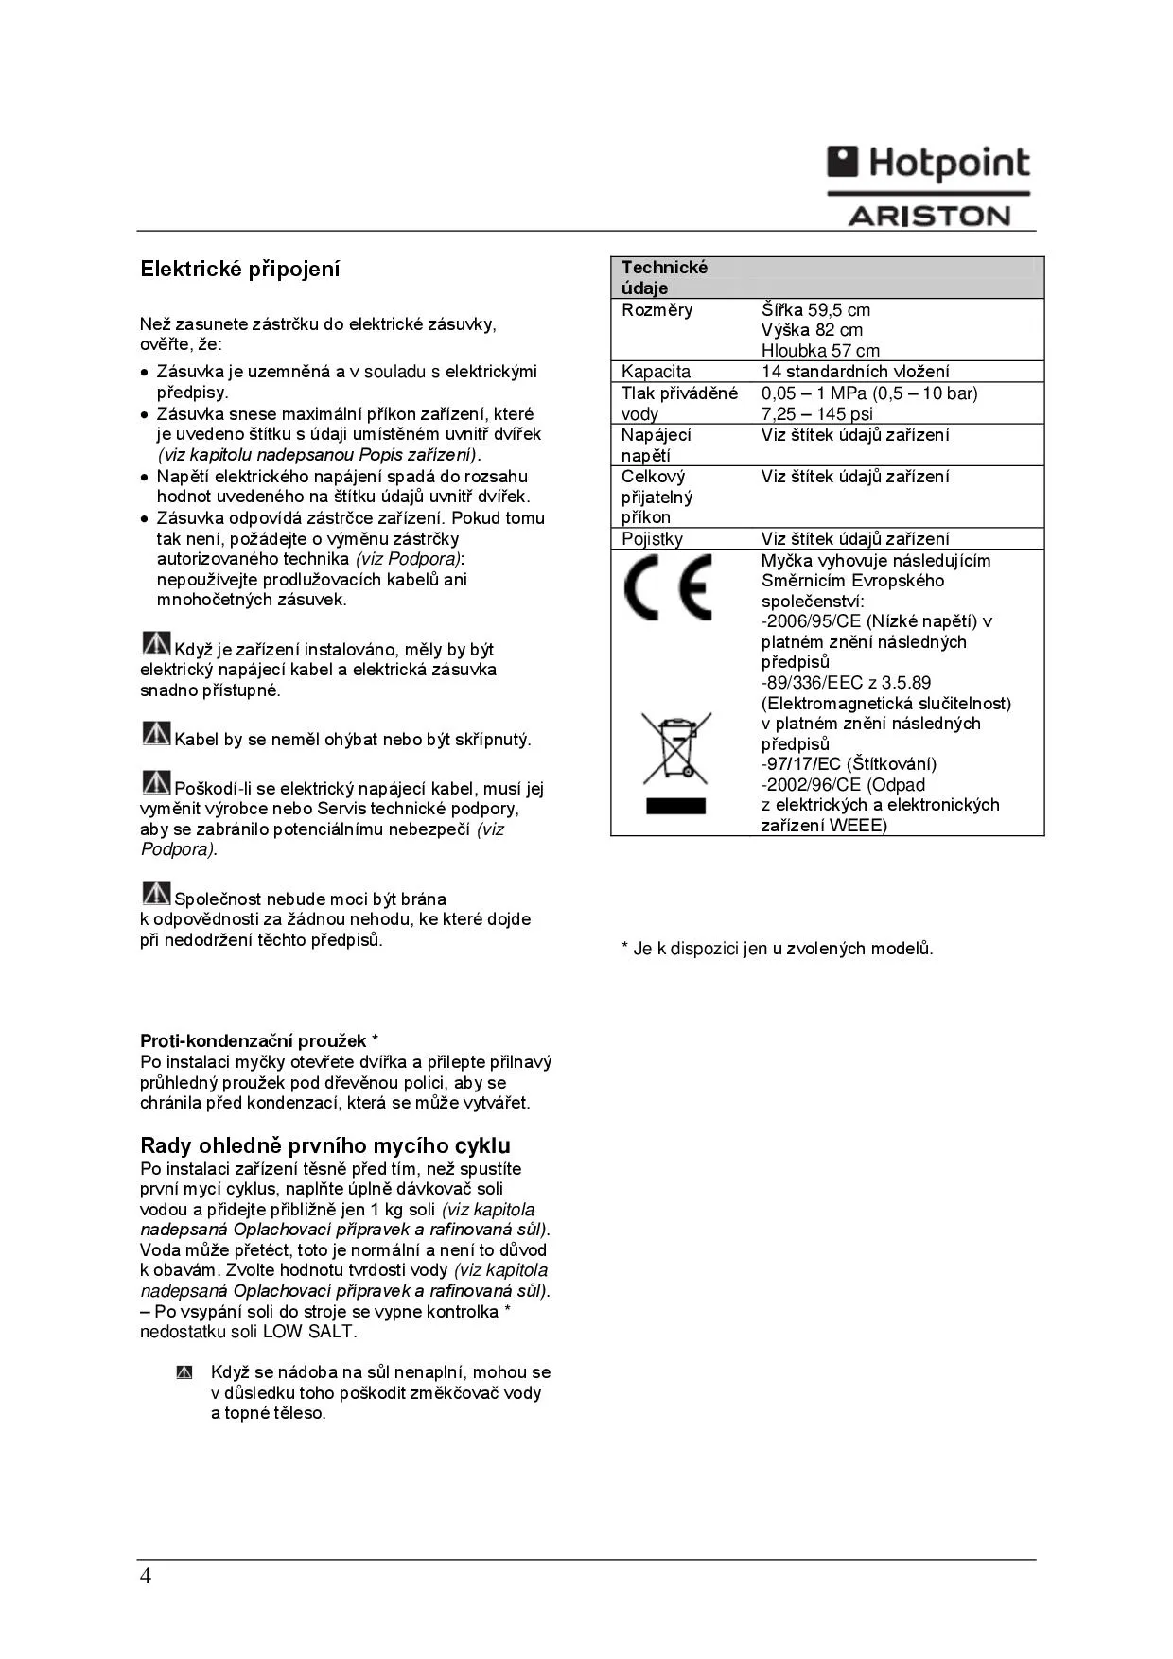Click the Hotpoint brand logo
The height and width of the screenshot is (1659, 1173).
[928, 164]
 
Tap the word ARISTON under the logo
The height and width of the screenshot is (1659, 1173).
[928, 217]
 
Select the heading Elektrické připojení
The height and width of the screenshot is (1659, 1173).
[239, 270]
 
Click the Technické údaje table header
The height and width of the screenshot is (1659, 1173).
[664, 277]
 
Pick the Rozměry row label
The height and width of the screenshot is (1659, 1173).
[657, 310]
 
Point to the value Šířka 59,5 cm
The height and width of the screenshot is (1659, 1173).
[815, 310]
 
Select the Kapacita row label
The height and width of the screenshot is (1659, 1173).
[656, 372]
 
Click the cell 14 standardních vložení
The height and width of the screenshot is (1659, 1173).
[855, 372]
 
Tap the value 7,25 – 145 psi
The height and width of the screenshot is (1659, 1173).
[816, 414]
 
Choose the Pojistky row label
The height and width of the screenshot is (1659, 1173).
[652, 539]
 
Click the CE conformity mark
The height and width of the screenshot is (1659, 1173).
[667, 587]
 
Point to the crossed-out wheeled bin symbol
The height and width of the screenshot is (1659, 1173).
[675, 748]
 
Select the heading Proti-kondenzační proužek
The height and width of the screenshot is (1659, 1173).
[259, 1041]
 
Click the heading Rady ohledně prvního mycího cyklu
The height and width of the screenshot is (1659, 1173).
[325, 1146]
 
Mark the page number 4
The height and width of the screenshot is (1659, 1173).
[145, 1576]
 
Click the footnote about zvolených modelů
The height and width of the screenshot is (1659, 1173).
[777, 949]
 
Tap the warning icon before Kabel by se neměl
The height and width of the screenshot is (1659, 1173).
[156, 733]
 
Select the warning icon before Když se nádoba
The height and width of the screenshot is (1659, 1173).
[184, 1372]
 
